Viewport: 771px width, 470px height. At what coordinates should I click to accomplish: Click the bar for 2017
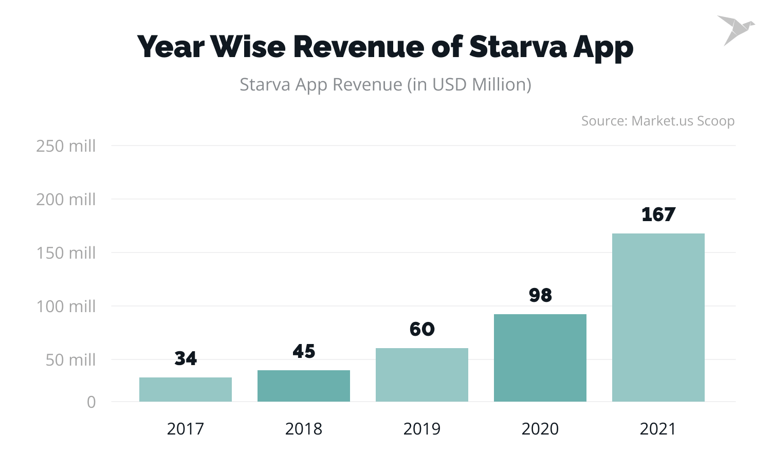pos(185,389)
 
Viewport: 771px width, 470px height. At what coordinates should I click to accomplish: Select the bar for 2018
pos(303,386)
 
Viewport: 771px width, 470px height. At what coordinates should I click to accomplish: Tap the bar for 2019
pos(421,375)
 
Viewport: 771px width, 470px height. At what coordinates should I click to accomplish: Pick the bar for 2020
pos(540,358)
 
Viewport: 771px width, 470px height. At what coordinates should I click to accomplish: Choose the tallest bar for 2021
pos(658,317)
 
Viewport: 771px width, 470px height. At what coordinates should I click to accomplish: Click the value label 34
pos(186,358)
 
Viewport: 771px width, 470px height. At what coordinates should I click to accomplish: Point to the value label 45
pos(304,351)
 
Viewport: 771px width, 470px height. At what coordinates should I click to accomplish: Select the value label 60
pos(422,329)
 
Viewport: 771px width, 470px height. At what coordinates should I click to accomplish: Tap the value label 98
pos(540,295)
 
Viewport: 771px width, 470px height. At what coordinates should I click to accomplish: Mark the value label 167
pos(658,214)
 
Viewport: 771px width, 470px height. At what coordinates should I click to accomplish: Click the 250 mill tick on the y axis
pos(66,146)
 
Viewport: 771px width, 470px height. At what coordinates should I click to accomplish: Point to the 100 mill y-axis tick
pos(66,306)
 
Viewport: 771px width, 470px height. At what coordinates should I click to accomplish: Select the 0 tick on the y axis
pos(91,402)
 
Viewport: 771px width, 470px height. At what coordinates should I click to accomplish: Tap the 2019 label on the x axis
pos(421,429)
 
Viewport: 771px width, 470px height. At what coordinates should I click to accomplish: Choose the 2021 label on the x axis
pos(658,429)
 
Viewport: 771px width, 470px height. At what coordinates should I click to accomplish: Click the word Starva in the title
pos(518,47)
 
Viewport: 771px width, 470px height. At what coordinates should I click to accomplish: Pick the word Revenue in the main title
pos(358,47)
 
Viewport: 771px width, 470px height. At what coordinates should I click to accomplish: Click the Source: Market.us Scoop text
pos(657,121)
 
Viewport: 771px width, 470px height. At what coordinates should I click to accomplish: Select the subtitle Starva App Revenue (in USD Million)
pos(385,84)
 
